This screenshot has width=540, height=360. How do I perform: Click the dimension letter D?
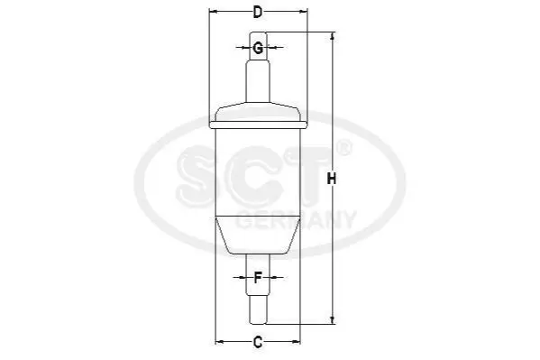[x=258, y=13]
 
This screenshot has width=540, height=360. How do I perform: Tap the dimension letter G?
[x=258, y=48]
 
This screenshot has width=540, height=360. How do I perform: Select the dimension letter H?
[x=331, y=179]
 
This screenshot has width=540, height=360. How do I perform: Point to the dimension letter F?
[x=258, y=278]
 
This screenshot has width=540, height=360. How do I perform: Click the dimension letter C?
[x=258, y=342]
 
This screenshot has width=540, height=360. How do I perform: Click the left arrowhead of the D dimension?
[x=213, y=12]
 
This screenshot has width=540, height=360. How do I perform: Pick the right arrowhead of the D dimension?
[x=303, y=12]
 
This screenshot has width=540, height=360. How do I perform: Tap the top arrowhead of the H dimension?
[x=332, y=36]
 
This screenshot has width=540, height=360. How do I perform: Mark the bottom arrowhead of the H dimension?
[x=332, y=320]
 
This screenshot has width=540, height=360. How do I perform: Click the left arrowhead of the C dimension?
[x=219, y=342]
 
